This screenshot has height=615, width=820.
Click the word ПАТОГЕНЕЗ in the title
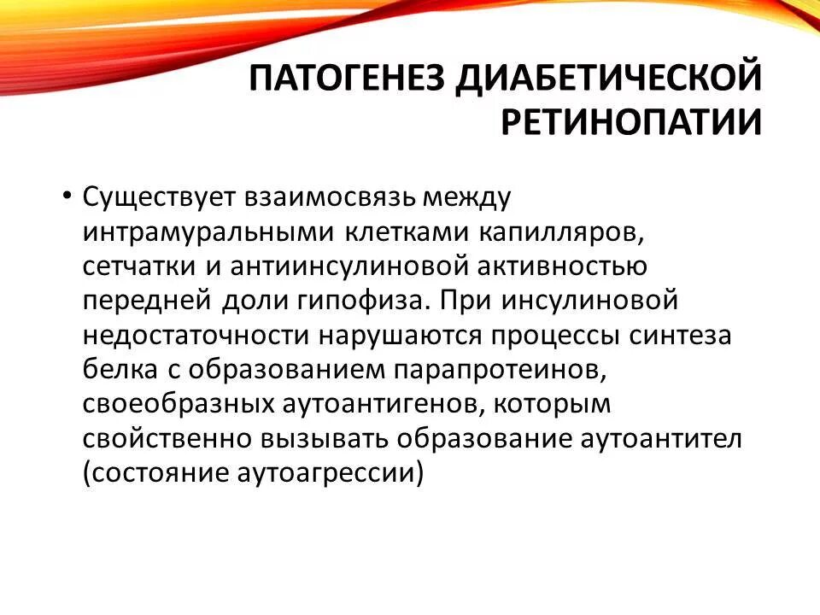(347, 79)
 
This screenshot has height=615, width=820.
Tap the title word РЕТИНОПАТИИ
(630, 122)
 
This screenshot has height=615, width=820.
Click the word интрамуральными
(209, 232)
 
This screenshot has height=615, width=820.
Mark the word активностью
(571, 266)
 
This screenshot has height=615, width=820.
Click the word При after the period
(471, 301)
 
